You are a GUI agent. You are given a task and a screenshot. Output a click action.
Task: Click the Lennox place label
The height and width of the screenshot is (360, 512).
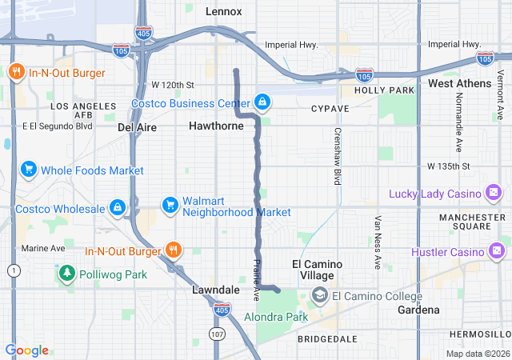223,11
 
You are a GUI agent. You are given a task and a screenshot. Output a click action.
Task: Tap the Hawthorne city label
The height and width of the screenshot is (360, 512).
216,126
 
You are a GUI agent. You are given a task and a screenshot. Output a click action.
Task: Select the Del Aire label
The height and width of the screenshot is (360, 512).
136,126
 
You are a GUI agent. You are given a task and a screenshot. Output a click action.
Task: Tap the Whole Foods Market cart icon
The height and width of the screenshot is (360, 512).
29,170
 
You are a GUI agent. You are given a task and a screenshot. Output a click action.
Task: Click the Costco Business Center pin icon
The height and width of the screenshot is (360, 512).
262,102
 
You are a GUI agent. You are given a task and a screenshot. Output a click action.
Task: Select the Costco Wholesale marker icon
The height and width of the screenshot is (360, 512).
118,208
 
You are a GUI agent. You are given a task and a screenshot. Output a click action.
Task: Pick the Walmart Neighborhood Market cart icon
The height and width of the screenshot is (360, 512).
170,206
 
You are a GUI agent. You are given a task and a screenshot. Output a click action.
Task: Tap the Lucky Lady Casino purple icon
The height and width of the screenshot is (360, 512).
493,193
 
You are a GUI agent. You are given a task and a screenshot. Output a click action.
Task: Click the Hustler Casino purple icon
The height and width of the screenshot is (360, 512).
497,252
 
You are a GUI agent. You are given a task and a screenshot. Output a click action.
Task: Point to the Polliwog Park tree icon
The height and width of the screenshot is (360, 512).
67,274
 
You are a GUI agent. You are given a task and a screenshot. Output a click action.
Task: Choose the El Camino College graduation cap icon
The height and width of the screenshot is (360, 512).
320,296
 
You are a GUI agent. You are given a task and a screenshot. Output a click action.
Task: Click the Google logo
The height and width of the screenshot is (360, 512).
26,350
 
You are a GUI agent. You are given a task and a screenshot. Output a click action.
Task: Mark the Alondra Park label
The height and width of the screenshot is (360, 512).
276,318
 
